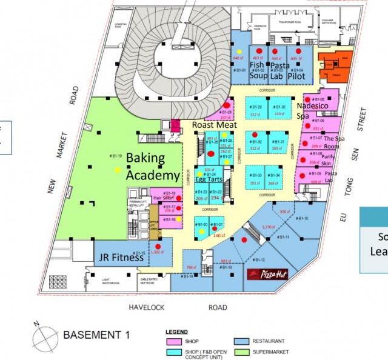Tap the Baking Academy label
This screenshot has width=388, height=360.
coord(153,167)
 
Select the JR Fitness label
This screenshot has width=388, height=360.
coord(122,257)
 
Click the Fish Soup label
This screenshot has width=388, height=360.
coord(258,71)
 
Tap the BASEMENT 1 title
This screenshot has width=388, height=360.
coord(96,335)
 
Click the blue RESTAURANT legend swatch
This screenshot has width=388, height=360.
coord(241,341)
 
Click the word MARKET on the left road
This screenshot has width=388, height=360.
coord(62,145)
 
